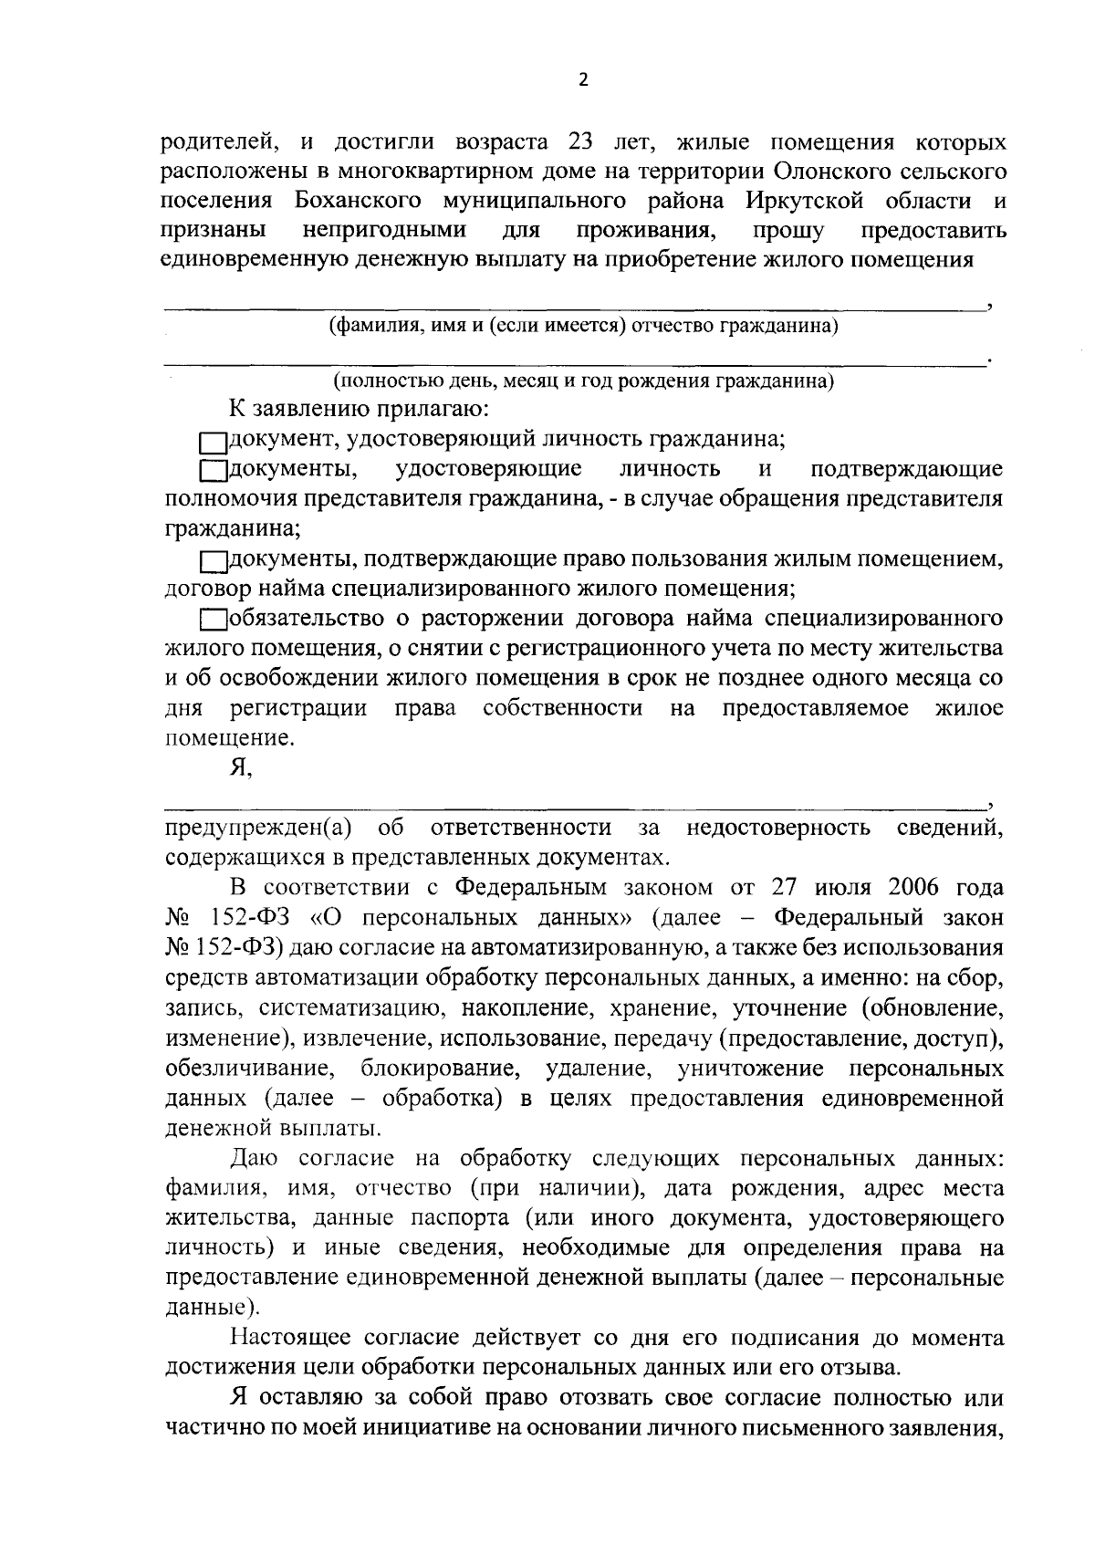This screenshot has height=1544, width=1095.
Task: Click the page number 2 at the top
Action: pos(584,79)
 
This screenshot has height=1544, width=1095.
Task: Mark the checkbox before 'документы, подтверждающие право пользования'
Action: pos(213,560)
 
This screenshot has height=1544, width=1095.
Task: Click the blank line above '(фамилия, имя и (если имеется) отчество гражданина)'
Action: pos(575,308)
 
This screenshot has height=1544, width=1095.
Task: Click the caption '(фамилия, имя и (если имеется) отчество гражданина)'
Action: pos(584,326)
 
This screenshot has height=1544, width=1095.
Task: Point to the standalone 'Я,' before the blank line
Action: pos(241,768)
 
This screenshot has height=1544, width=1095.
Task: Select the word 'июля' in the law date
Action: pos(819,887)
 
